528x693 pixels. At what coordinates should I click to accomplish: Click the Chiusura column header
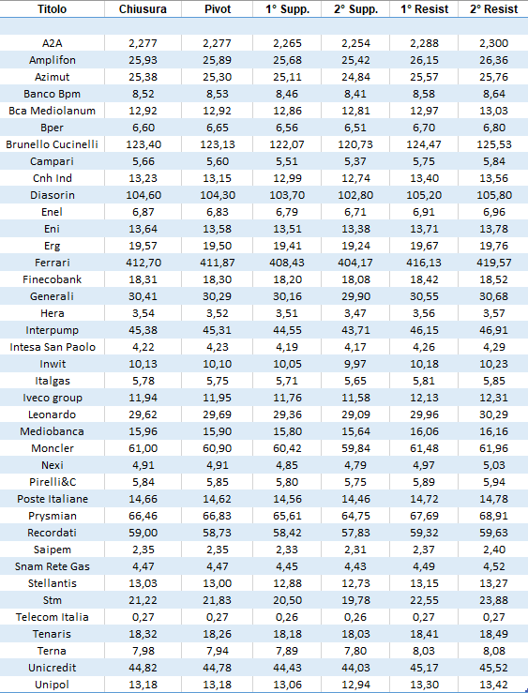(x=143, y=9)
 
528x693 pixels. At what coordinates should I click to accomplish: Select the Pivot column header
(x=218, y=9)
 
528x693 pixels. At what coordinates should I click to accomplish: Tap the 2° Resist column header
(x=493, y=9)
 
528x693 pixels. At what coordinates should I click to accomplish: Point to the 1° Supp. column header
(x=287, y=9)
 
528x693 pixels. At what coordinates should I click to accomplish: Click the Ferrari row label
(x=53, y=263)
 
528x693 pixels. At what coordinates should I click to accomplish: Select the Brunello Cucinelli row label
(x=53, y=144)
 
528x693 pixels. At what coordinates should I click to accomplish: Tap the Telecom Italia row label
(x=53, y=617)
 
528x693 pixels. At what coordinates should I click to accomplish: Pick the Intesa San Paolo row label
(x=53, y=347)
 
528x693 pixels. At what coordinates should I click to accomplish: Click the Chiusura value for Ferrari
(x=143, y=263)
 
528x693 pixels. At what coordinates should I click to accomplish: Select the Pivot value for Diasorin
(x=218, y=195)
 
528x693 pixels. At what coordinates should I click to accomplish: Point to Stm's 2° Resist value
(x=494, y=600)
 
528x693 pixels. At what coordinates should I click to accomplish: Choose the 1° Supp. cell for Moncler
(x=287, y=448)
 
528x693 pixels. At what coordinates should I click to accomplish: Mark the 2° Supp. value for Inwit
(x=355, y=364)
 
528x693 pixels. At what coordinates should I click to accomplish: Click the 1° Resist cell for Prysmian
(x=424, y=516)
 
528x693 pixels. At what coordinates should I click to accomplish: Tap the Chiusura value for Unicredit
(x=143, y=668)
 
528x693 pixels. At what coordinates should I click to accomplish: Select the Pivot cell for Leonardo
(x=218, y=414)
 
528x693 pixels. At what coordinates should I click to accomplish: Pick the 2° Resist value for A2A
(x=494, y=43)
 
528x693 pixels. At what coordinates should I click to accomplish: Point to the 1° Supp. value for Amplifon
(x=287, y=60)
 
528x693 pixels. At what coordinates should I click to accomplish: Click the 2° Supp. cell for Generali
(x=355, y=296)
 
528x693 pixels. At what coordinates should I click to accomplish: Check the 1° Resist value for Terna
(x=424, y=651)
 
